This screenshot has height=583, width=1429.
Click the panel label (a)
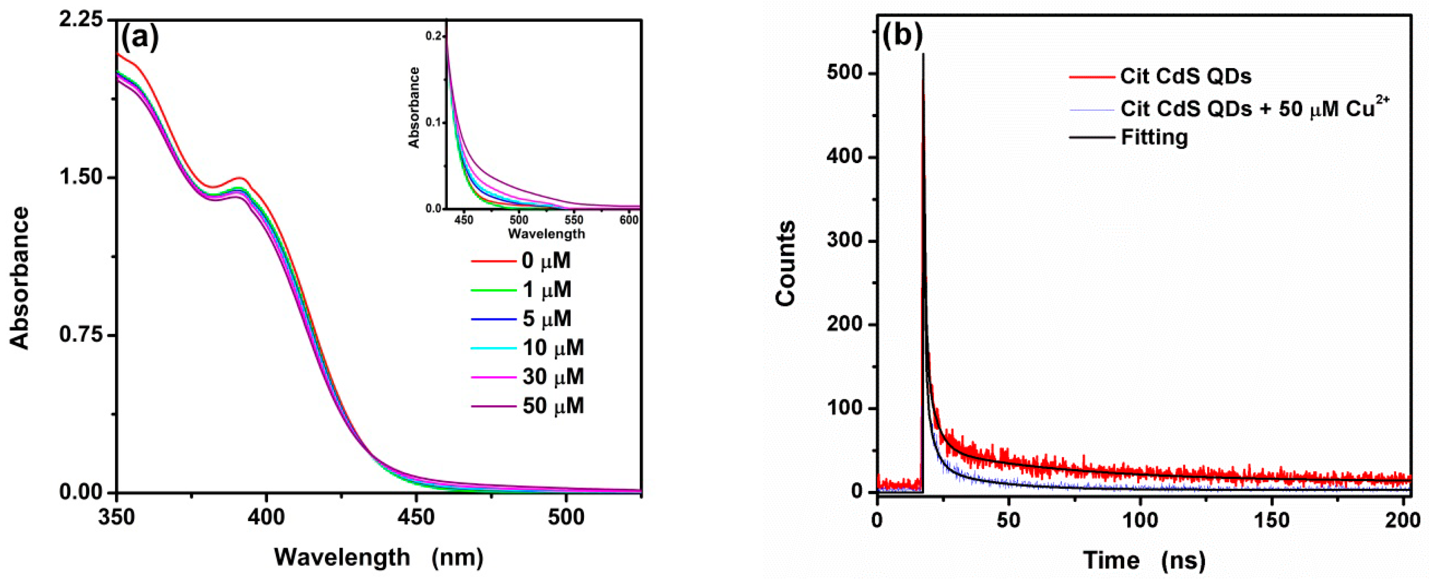pyautogui.click(x=140, y=38)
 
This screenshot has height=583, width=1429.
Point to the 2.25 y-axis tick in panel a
pyautogui.click(x=83, y=20)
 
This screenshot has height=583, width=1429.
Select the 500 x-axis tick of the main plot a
pyautogui.click(x=566, y=517)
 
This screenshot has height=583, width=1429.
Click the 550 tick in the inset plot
pyautogui.click(x=574, y=220)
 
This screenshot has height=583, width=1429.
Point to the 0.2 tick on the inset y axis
pyautogui.click(x=433, y=36)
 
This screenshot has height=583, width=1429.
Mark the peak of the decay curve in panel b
pyautogui.click(x=923, y=54)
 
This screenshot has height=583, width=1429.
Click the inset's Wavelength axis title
pyautogui.click(x=546, y=234)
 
